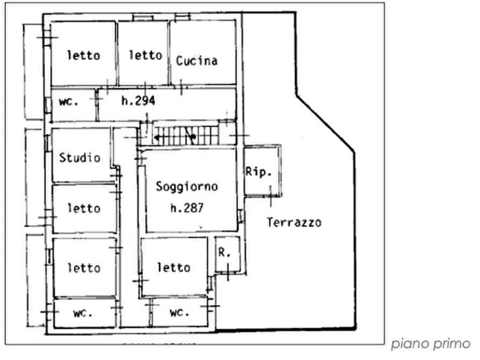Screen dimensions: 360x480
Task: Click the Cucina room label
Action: tap(197, 61)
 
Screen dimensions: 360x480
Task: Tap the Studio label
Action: tap(80, 158)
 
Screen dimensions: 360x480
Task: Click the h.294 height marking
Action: tap(138, 100)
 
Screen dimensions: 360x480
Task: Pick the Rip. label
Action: tap(257, 172)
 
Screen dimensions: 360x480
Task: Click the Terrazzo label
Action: tap(294, 222)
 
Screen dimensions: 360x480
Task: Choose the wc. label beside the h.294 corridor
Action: tap(69, 102)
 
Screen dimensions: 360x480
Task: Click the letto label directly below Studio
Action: tap(83, 208)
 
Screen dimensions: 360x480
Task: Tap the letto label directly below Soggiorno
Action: tap(174, 267)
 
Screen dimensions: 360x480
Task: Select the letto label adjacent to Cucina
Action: tap(145, 55)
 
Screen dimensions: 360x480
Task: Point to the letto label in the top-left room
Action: tap(83, 55)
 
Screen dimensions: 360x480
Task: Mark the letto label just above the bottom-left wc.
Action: tap(83, 268)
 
